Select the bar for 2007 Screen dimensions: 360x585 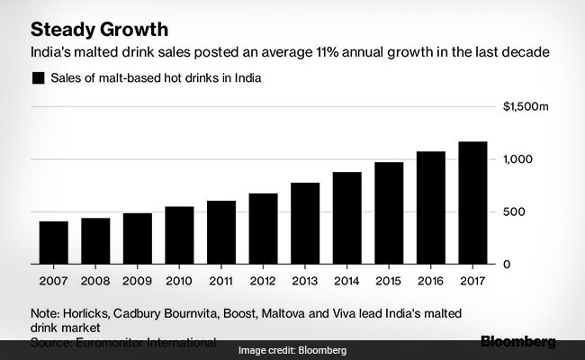pyautogui.click(x=53, y=242)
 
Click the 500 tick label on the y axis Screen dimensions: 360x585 pyautogui.click(x=514, y=211)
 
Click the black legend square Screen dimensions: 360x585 pyautogui.click(x=38, y=79)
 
